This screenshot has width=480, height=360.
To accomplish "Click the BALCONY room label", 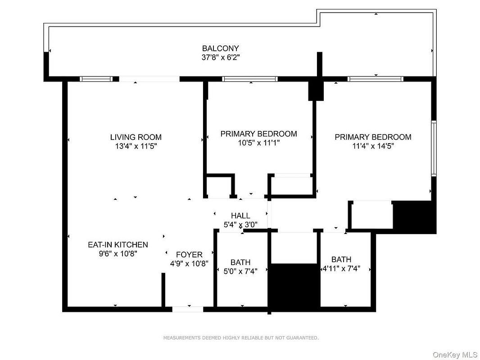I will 220,48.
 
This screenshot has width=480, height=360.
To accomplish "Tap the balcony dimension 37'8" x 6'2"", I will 220,57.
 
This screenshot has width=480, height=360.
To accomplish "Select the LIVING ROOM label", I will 136,137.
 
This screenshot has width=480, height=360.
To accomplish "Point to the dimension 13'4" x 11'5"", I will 136,146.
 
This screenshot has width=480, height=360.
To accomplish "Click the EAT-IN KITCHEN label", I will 118,245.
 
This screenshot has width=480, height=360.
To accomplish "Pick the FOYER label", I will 189,255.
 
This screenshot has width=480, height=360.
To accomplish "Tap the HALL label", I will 240,216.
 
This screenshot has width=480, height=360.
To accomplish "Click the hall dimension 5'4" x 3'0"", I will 240,225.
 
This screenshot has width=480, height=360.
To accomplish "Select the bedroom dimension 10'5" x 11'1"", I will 258,143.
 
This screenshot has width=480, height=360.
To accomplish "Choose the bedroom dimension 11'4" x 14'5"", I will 373,146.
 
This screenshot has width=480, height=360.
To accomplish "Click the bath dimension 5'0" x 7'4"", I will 240,271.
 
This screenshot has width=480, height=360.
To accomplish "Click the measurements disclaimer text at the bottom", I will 240,337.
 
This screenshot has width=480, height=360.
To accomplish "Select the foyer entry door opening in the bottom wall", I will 188,309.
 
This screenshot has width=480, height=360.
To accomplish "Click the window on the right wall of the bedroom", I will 434,148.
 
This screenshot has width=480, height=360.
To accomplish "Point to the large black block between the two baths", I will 294,287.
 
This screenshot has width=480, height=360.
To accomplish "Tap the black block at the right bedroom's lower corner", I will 414,217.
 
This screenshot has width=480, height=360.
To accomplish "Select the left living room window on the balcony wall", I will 96,79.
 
